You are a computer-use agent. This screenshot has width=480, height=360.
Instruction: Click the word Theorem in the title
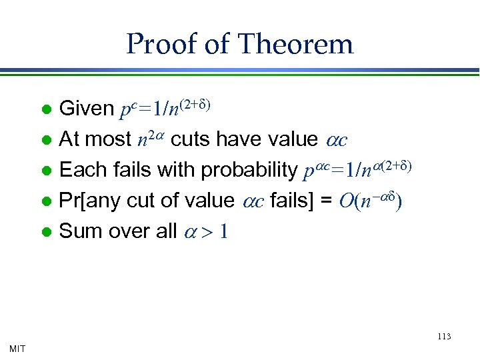[x=296, y=45]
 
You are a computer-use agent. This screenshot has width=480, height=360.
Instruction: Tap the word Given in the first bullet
[x=86, y=109]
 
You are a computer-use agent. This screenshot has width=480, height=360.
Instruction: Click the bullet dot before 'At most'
[x=45, y=140]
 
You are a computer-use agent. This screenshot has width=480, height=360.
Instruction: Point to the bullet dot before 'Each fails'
[x=45, y=171]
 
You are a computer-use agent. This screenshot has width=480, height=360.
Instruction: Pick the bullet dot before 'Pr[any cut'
[x=45, y=201]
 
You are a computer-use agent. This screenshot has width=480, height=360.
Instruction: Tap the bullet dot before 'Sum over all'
[x=45, y=232]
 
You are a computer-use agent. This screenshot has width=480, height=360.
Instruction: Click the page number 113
[x=444, y=337]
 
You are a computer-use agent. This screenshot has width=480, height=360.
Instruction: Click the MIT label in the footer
[x=18, y=348]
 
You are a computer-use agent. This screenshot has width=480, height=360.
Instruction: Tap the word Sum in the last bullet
[x=79, y=231]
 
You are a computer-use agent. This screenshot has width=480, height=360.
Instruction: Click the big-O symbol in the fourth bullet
[x=346, y=201]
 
